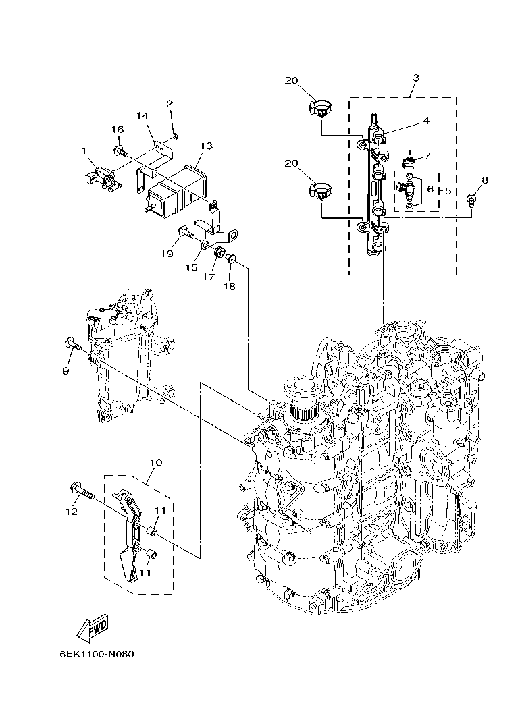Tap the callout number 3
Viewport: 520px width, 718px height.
416,78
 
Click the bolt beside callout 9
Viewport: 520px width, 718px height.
75,345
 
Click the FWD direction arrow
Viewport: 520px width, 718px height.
93,628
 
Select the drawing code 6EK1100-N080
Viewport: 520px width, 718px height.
92,655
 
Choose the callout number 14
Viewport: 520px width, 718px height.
142,115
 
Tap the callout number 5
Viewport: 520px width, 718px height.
448,190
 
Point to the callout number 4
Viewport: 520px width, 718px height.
426,121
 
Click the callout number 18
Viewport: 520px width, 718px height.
229,286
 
